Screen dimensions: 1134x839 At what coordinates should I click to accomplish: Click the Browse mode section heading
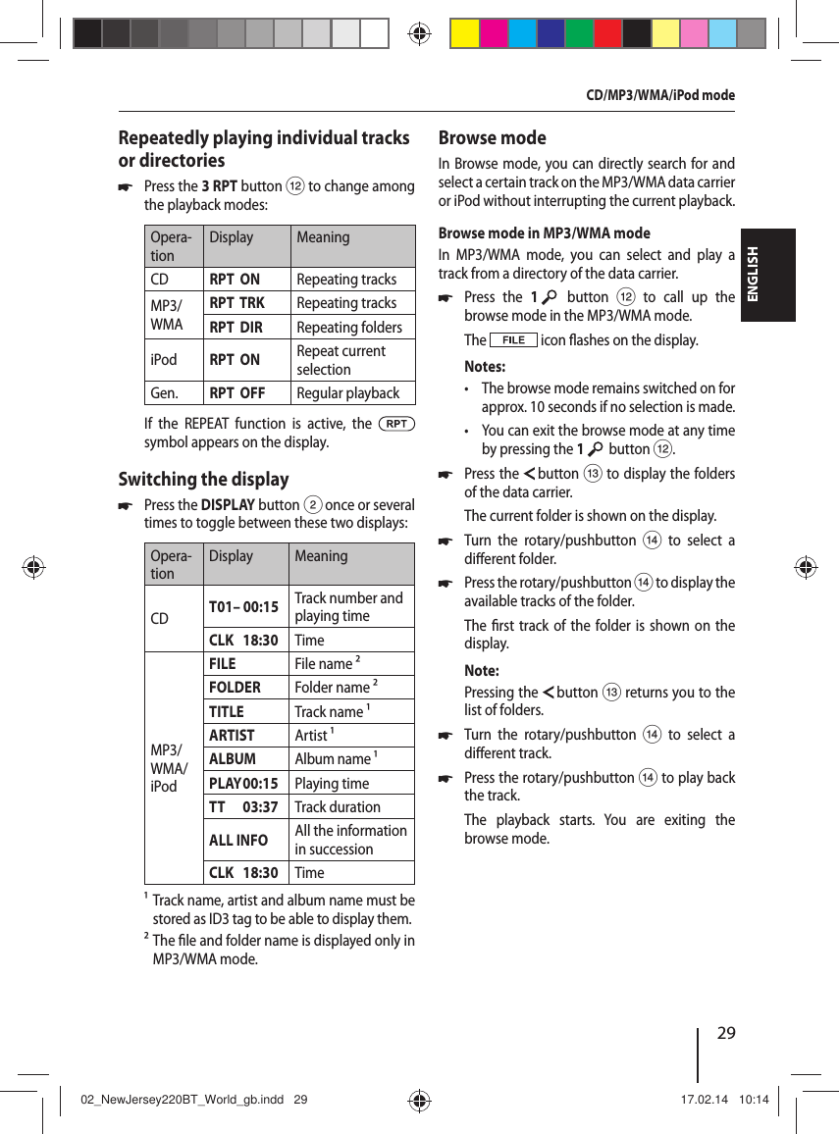[x=492, y=137]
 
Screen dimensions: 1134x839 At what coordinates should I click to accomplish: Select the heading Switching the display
[x=203, y=479]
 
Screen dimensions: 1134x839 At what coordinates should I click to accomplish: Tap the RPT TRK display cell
[x=236, y=303]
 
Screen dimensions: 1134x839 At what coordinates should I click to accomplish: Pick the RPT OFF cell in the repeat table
[x=236, y=393]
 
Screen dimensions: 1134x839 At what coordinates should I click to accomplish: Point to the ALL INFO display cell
[x=237, y=840]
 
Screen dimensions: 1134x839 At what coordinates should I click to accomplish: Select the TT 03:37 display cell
[x=243, y=807]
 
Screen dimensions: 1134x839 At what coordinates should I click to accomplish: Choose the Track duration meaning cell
[x=338, y=807]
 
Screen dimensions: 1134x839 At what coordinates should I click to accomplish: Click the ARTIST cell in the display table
[x=232, y=736]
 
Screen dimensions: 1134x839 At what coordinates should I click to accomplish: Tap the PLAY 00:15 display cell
[x=243, y=784]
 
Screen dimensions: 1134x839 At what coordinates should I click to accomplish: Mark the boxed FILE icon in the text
[x=513, y=340]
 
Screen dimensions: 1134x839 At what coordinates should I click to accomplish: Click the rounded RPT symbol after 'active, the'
[x=396, y=424]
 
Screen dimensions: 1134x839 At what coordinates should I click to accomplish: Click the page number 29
[x=726, y=1033]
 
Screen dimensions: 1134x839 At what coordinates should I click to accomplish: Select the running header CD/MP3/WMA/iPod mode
[x=659, y=95]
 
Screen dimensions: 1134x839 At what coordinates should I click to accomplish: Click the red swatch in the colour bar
[x=607, y=33]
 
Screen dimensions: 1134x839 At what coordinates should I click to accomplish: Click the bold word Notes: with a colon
[x=485, y=367]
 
